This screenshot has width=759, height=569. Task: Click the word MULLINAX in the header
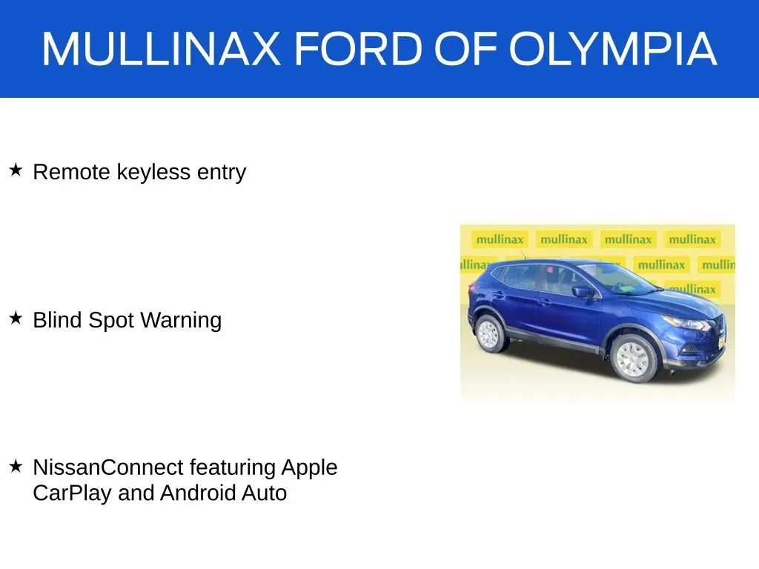pos(161,48)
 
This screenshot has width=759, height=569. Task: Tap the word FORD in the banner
pos(359,48)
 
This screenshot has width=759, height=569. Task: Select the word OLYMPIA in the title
pos(613,48)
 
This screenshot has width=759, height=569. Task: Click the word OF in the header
pos(465,48)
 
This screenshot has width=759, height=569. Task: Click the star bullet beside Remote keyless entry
pos(16,170)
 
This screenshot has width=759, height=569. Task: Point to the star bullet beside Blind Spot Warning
pos(16,318)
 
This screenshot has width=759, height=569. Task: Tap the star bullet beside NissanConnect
pos(16,466)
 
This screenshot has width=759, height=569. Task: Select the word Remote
pos(72,172)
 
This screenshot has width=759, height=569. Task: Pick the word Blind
pos(57,320)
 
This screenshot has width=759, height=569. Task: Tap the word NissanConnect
pos(108,467)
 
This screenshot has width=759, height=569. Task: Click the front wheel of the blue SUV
pos(633,359)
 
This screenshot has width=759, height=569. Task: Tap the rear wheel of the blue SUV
pos(489,333)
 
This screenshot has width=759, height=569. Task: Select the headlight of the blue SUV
pos(686,323)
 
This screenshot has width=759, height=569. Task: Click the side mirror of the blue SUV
pos(583,292)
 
